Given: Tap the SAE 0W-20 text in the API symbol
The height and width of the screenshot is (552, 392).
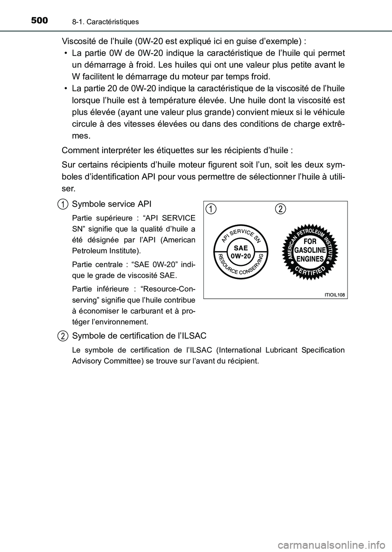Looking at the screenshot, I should pyautogui.click(x=241, y=252).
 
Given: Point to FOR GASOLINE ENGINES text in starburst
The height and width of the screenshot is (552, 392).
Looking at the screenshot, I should pyautogui.click(x=310, y=250).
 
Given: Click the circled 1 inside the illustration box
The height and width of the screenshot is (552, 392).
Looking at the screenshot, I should pyautogui.click(x=210, y=209).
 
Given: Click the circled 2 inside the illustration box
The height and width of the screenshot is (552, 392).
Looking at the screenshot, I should pyautogui.click(x=280, y=209).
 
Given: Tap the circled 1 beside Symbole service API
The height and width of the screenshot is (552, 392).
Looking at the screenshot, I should pyautogui.click(x=62, y=203).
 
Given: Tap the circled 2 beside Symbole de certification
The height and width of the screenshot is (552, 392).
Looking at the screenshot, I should pyautogui.click(x=62, y=336).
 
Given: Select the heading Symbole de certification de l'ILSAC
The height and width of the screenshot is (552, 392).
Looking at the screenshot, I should pyautogui.click(x=139, y=336).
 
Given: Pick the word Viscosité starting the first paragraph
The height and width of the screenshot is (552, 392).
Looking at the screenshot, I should pyautogui.click(x=78, y=41).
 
